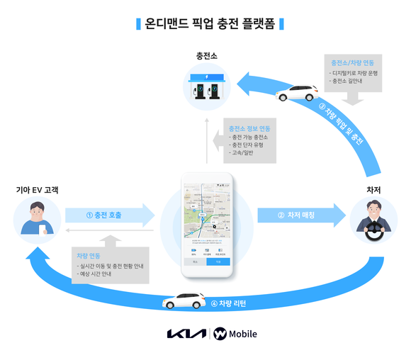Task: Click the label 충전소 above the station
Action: coord(205,55)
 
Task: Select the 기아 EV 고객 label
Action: coord(38,189)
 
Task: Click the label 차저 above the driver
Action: coord(373,190)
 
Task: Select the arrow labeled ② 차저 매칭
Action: coord(298,214)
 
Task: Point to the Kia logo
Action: coord(185,334)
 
